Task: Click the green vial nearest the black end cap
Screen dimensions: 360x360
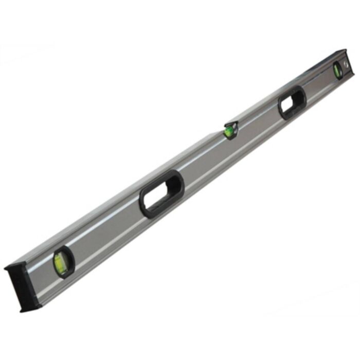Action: pyautogui.click(x=61, y=262)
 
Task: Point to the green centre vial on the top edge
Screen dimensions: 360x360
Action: pyautogui.click(x=229, y=132)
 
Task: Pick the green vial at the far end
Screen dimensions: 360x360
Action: pyautogui.click(x=337, y=69)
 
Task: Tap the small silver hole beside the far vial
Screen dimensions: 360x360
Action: pyautogui.click(x=346, y=63)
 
